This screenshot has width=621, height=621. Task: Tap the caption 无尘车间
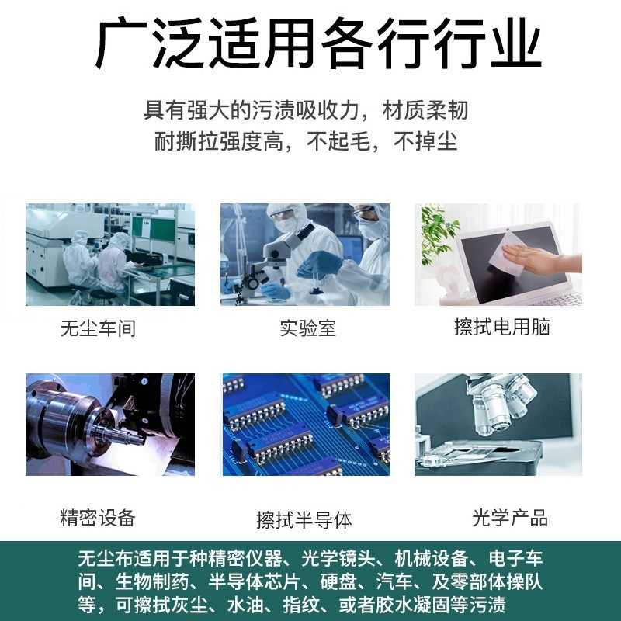pyautogui.click(x=98, y=328)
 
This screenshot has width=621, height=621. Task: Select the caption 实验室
pyautogui.click(x=307, y=328)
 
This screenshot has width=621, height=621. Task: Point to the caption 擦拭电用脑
pyautogui.click(x=501, y=327)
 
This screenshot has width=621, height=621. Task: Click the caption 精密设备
pyautogui.click(x=98, y=518)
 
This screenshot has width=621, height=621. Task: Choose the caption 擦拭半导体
pyautogui.click(x=304, y=519)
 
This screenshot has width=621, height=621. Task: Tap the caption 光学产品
pyautogui.click(x=509, y=518)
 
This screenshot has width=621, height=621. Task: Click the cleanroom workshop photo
pyautogui.click(x=109, y=255)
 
